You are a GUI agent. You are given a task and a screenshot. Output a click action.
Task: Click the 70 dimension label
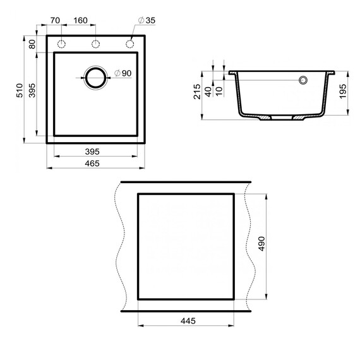click(55, 20)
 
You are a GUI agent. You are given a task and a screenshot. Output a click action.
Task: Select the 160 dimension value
click(80, 20)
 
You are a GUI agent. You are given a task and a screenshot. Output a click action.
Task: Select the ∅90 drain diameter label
click(123, 74)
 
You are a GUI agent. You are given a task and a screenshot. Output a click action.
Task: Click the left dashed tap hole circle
click(63, 44)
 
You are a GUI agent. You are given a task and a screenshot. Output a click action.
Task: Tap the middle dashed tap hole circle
click(96, 44)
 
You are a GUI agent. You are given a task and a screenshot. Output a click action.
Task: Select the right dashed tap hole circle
click(130, 44)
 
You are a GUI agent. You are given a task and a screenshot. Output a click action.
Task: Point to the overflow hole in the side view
click(303, 80)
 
